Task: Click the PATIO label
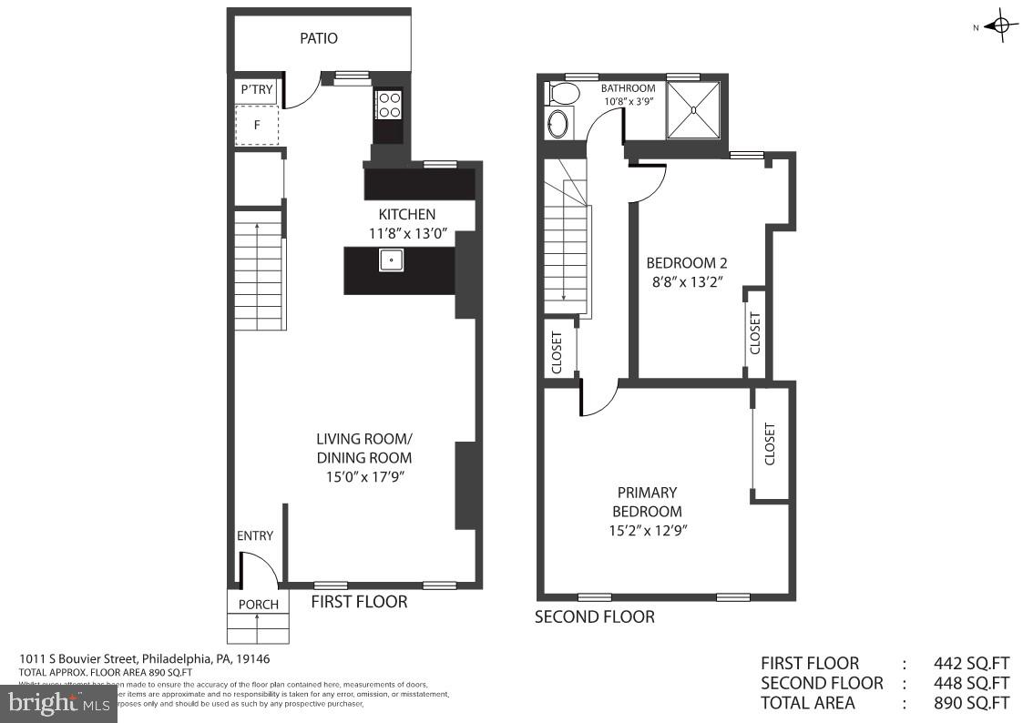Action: (319, 38)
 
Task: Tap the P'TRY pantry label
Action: (256, 89)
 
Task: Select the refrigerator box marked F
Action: (257, 126)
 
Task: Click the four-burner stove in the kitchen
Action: (389, 105)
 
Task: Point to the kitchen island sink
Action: (392, 260)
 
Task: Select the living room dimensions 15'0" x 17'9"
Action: (363, 475)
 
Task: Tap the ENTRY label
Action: (255, 535)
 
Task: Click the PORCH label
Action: (258, 605)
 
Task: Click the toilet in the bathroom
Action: (562, 93)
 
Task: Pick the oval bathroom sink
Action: (558, 123)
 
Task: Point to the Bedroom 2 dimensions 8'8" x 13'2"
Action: (686, 281)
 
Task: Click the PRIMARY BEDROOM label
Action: (647, 502)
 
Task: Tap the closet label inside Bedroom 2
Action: (755, 333)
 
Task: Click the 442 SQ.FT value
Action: (971, 663)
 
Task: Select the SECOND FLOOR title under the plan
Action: (594, 616)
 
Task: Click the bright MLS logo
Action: (58, 702)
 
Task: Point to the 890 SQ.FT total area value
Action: (971, 702)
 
